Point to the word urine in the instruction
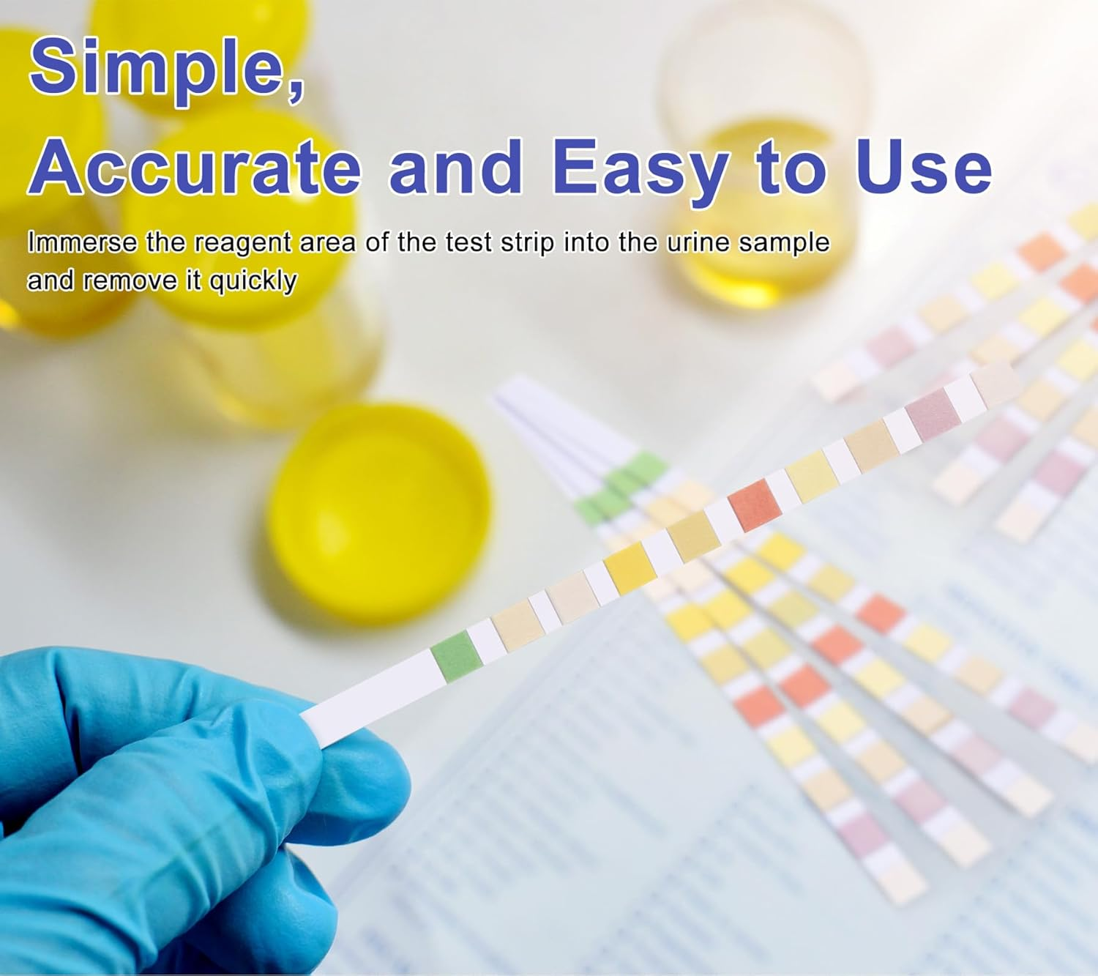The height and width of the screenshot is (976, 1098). (699, 242)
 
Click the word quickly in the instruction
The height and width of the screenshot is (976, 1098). (253, 280)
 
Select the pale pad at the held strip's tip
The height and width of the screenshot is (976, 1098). (996, 383)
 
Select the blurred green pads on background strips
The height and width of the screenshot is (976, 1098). (622, 483)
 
